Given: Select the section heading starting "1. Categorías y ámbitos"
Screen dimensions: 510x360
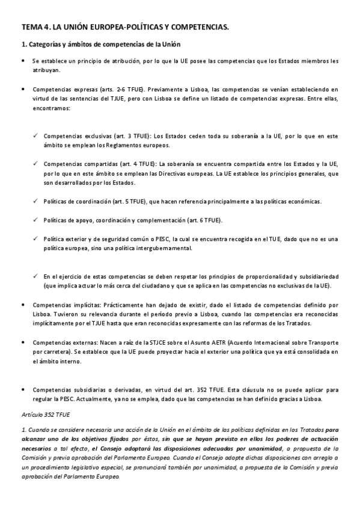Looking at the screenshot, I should pos(100,46).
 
